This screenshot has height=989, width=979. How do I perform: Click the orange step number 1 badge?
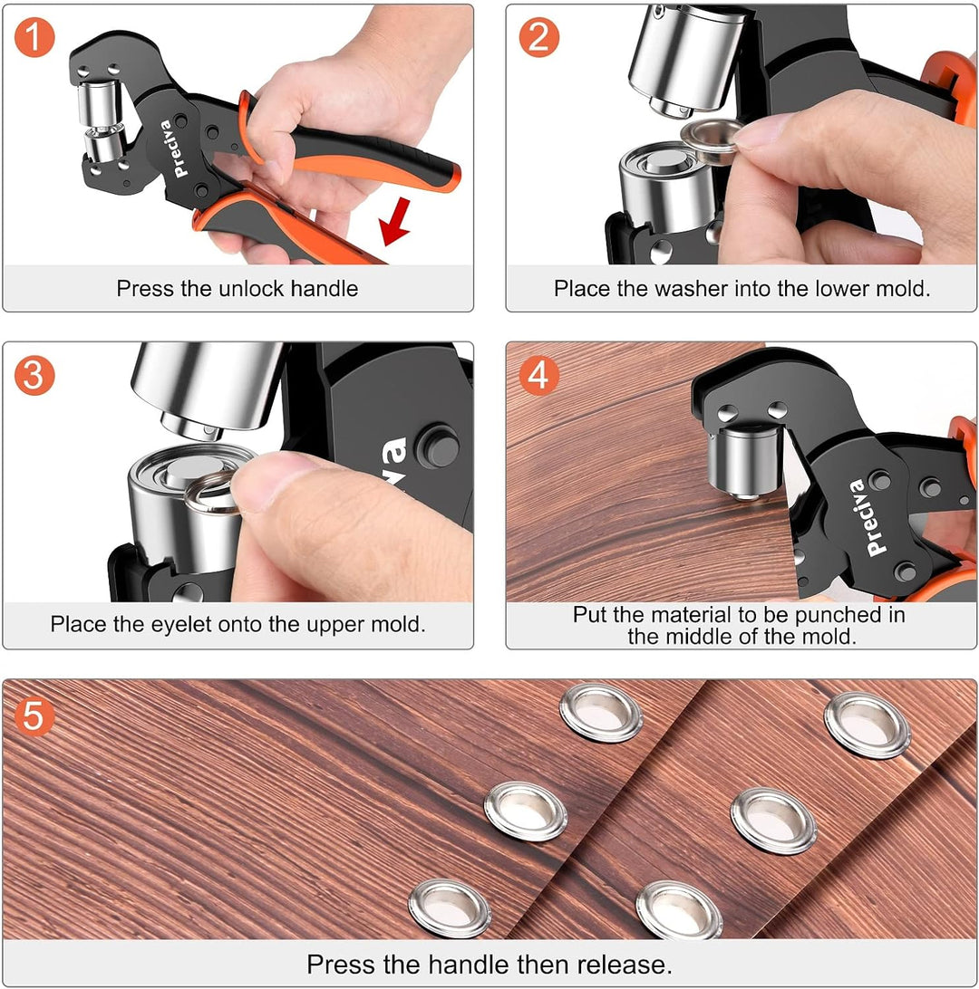[x=34, y=37]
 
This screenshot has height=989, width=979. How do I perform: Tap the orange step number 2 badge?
[x=539, y=37]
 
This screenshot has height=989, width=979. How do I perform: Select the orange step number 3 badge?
[x=34, y=375]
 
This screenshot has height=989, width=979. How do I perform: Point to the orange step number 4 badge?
[x=539, y=375]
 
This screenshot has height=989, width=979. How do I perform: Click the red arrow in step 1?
[x=396, y=222]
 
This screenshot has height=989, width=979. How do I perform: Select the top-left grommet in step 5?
[x=601, y=713]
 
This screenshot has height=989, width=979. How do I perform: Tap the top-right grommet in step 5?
[x=868, y=725]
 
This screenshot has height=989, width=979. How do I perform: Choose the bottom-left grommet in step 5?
[x=450, y=909]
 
